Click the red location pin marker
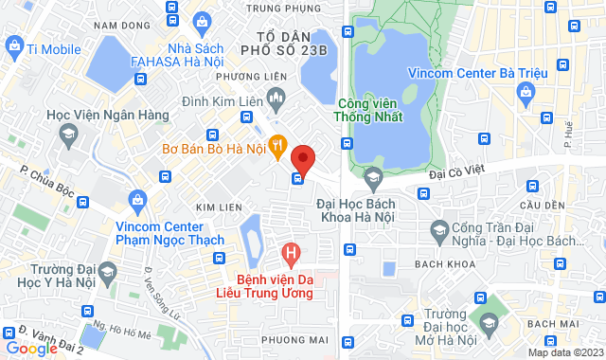point(302,157)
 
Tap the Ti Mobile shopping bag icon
point(14,45)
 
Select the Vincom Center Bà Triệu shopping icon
point(526,92)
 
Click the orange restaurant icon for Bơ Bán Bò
point(277,145)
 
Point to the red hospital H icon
point(292,253)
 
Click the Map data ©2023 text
point(564,352)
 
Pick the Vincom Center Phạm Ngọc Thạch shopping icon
point(138,200)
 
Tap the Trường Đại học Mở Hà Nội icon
point(488,323)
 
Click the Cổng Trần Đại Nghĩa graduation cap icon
point(438,229)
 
